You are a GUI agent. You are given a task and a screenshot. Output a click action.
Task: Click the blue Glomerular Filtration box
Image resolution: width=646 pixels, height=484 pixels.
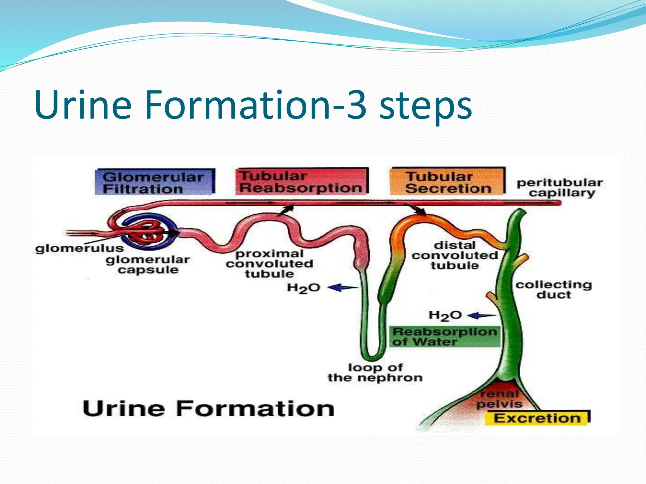point(155,182)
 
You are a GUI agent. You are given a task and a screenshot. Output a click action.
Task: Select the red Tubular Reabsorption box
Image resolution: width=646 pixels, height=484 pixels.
point(302,181)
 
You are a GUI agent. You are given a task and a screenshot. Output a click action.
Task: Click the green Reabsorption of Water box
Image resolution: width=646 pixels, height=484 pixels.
point(445,337)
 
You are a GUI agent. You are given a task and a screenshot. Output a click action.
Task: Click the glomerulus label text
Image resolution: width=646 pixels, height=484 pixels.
point(79,248)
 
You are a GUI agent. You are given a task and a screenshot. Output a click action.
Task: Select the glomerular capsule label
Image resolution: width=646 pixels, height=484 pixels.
point(148,265)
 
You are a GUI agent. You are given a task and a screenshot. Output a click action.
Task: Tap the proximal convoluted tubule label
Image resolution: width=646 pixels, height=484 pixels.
point(269,263)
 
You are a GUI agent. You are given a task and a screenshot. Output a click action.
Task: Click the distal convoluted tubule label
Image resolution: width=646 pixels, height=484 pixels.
point(455,255)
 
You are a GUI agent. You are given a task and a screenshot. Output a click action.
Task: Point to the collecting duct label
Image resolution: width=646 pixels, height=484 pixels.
point(554,289)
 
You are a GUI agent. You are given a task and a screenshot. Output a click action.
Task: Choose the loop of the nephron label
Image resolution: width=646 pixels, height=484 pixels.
point(375,372)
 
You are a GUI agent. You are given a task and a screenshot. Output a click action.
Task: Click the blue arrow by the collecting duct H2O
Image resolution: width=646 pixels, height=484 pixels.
point(481,315)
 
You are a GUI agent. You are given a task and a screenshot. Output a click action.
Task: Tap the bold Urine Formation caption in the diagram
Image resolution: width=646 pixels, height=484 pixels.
point(208,408)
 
